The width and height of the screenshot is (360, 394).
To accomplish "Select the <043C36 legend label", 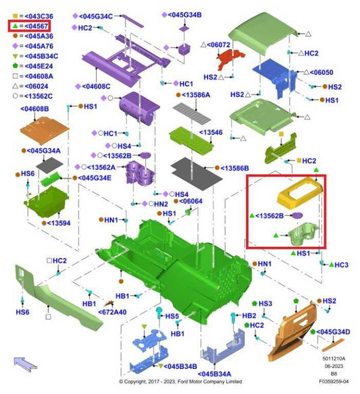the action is click(39, 16).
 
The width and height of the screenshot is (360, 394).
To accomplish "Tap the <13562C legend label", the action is click(38, 96).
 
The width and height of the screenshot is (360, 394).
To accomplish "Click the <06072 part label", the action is click(219, 45).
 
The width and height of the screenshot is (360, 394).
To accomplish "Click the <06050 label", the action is click(322, 72).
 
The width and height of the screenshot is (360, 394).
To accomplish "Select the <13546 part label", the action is click(211, 132).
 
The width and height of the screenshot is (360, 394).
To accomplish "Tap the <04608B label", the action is click(34, 109).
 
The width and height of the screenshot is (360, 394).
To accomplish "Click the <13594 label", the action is click(59, 223).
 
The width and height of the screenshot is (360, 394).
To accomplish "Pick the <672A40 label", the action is click(112, 312).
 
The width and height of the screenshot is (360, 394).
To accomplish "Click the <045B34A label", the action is click(215, 374).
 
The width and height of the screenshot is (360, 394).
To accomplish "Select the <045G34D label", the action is click(333, 332).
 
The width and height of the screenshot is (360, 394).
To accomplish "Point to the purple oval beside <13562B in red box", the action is click(297, 215).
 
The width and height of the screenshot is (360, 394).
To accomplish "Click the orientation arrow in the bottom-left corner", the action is click(25, 364).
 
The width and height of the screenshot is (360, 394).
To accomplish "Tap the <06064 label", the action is click(191, 201).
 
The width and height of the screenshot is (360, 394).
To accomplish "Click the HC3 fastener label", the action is click(341, 265).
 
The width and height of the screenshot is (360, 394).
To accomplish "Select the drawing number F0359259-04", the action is click(334, 381).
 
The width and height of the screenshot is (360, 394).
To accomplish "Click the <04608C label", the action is click(96, 86).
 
